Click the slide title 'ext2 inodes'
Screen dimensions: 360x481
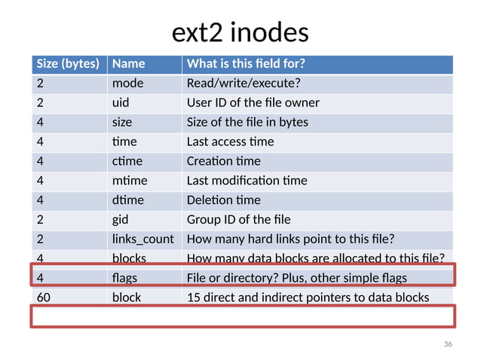click(x=240, y=33)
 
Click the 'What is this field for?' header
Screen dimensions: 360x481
click(x=250, y=63)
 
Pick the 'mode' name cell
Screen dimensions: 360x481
click(x=127, y=83)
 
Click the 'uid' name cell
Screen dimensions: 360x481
click(x=121, y=102)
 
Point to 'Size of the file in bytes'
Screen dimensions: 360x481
click(x=247, y=122)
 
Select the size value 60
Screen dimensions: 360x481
click(x=44, y=297)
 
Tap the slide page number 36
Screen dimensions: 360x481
click(x=448, y=344)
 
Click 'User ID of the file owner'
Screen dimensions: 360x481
click(x=253, y=102)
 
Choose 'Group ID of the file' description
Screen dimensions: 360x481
click(x=237, y=220)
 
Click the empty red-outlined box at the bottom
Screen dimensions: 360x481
click(x=242, y=316)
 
